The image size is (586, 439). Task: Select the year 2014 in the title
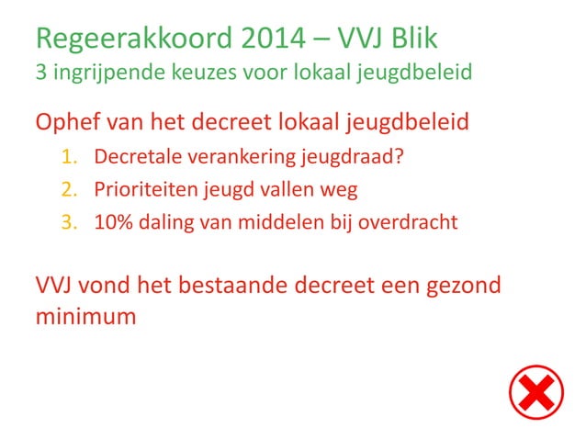[x=270, y=39]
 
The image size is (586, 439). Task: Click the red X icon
[x=536, y=394]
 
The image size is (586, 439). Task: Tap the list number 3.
[x=68, y=221]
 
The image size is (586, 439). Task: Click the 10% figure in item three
[x=113, y=221]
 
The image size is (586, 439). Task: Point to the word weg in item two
[x=337, y=190]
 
